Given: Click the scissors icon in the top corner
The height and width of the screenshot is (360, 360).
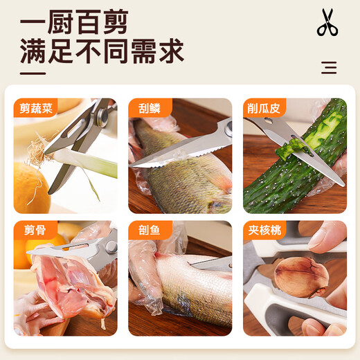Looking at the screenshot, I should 327,22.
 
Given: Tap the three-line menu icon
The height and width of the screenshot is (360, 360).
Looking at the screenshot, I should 330,67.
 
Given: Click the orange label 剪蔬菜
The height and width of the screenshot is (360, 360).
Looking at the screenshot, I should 35,107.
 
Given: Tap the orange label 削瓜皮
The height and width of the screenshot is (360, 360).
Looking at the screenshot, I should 264,107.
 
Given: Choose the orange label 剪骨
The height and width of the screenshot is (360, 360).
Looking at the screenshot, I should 31,230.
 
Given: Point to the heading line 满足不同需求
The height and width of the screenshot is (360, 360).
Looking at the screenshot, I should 101,52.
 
